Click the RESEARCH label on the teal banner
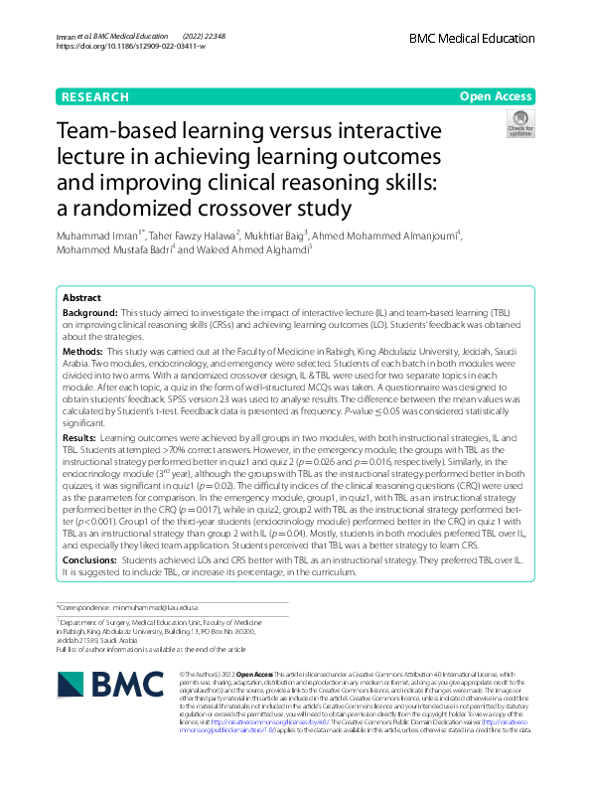95,97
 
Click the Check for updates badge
519,124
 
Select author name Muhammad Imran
100,236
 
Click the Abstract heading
81,298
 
